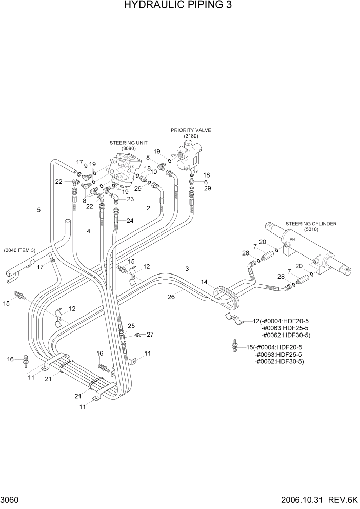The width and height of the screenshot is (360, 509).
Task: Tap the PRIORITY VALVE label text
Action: (x=191, y=130)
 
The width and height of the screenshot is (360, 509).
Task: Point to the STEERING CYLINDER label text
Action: (x=311, y=224)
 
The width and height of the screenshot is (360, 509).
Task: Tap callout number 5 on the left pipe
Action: (x=38, y=209)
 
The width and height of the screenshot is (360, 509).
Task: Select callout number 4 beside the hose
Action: (x=88, y=231)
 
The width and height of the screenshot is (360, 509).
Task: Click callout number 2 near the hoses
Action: (x=148, y=208)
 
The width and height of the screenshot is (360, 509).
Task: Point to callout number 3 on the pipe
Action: (x=187, y=269)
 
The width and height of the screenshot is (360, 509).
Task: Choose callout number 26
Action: (x=171, y=296)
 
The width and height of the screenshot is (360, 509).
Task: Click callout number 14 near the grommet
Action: (x=204, y=282)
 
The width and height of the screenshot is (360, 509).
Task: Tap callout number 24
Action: (x=130, y=221)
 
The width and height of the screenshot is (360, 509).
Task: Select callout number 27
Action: (x=150, y=335)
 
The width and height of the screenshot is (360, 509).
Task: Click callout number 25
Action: (x=131, y=326)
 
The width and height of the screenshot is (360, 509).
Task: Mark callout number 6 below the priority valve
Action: (x=205, y=182)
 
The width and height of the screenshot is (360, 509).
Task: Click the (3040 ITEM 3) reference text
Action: (x=19, y=250)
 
